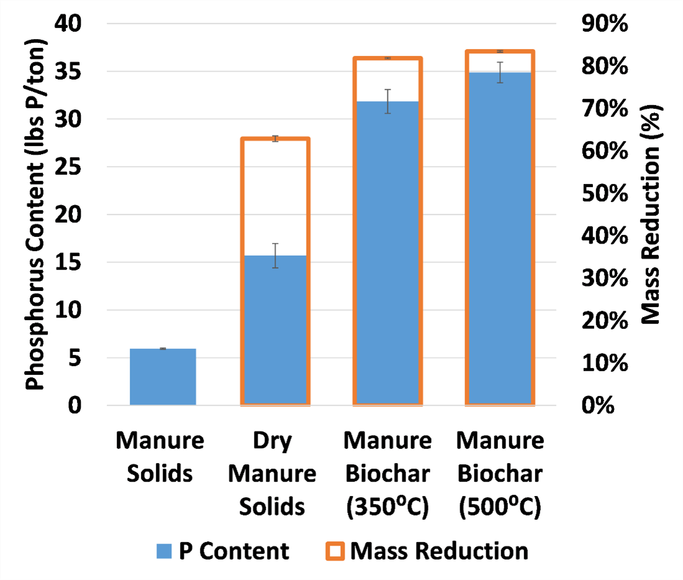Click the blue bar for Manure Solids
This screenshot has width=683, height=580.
pos(163,377)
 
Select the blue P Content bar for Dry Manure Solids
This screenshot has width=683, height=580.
pos(275,329)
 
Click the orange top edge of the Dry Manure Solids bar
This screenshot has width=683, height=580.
pos(275,139)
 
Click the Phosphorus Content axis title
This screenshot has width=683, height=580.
pos(37,214)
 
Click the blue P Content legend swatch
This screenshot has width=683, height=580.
pos(163,551)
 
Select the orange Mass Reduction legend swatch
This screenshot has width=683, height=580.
pos(335,551)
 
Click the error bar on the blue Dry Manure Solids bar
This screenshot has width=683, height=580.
pos(275,255)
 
